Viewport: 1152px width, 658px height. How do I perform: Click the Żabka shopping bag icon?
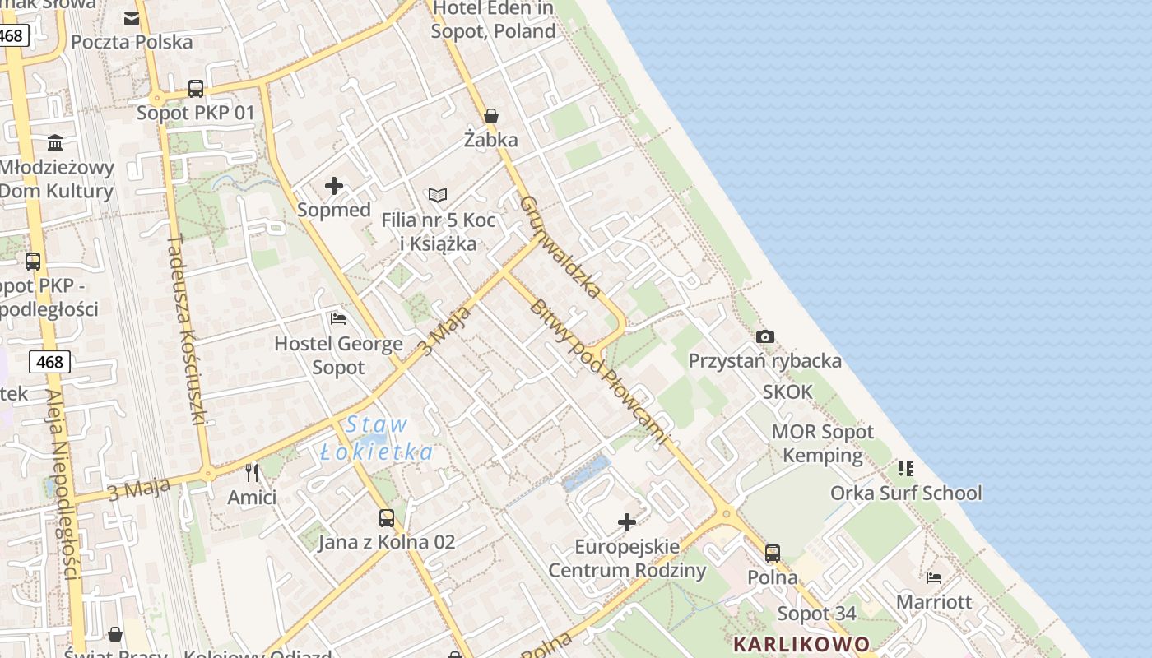point(491,116)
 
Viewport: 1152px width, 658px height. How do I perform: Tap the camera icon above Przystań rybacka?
point(765,336)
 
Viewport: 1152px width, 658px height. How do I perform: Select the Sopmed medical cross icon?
point(334,186)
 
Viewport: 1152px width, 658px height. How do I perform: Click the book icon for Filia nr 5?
point(438,195)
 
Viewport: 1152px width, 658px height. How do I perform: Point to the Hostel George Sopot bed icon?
point(338,319)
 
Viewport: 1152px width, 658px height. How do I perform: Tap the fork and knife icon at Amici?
point(252,473)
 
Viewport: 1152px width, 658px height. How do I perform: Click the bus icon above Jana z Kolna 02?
point(387,518)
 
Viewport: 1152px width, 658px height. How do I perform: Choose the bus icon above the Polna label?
point(772,554)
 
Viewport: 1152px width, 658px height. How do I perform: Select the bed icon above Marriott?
point(934,578)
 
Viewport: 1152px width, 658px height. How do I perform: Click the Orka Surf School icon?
point(906,469)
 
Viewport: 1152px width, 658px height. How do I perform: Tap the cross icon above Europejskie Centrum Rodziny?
point(627,522)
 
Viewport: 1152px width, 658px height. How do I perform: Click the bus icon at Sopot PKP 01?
point(196,89)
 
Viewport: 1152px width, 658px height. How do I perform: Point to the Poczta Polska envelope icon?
point(132,18)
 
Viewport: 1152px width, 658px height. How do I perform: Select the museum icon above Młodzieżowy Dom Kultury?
point(55,143)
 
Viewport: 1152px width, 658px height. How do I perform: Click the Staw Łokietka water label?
point(377,438)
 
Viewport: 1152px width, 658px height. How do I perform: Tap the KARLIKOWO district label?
point(801,644)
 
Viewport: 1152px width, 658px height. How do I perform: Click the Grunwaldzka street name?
point(560,246)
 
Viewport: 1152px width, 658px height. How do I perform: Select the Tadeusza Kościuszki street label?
point(186,329)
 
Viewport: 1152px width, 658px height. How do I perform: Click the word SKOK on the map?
point(787,392)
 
